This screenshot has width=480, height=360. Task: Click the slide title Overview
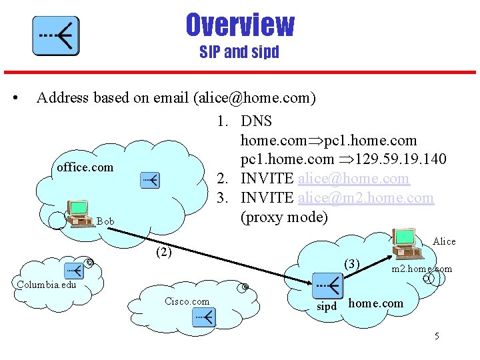pyautogui.click(x=239, y=25)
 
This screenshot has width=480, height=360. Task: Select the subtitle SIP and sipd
pyautogui.click(x=239, y=52)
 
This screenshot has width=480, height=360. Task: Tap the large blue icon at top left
pyautogui.click(x=56, y=36)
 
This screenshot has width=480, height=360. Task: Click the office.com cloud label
pyautogui.click(x=85, y=167)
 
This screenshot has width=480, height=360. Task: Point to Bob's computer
pyautogui.click(x=79, y=213)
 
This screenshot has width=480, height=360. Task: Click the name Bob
pyautogui.click(x=105, y=221)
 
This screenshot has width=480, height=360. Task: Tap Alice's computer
pyautogui.click(x=406, y=243)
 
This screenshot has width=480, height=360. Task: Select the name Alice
pyautogui.click(x=444, y=241)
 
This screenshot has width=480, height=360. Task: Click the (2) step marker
pyautogui.click(x=163, y=252)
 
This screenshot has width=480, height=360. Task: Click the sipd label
pyautogui.click(x=326, y=307)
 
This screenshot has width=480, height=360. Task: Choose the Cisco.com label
pyautogui.click(x=187, y=301)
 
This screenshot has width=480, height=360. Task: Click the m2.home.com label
pyautogui.click(x=421, y=269)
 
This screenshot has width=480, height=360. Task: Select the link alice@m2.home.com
pyautogui.click(x=365, y=198)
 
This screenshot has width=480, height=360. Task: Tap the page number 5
pyautogui.click(x=437, y=336)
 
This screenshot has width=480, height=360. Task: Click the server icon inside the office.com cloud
pyautogui.click(x=150, y=180)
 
